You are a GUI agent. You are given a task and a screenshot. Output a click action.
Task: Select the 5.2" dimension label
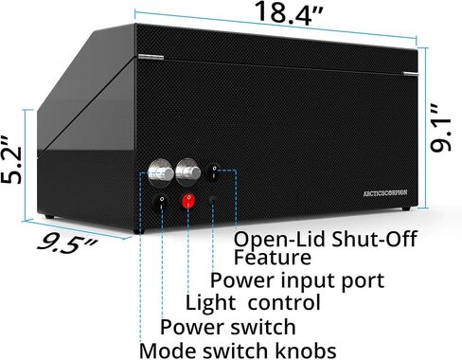[12, 161]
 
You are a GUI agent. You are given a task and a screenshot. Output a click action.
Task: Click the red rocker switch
[188, 201]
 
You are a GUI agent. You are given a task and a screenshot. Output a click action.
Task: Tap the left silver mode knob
[161, 171]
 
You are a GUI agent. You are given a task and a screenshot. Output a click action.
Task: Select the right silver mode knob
[188, 171]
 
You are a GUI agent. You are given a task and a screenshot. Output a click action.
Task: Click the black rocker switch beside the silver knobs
[214, 171]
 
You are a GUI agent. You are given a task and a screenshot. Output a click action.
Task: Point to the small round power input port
[213, 200]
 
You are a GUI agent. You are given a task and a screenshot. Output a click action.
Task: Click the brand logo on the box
[385, 193]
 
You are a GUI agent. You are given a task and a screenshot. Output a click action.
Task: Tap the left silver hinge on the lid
[151, 57]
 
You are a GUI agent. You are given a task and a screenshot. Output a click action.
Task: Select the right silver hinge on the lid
[411, 74]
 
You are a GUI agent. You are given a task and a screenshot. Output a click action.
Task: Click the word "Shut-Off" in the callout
[374, 239]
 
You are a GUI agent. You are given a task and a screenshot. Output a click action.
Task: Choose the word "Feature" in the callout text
[273, 257]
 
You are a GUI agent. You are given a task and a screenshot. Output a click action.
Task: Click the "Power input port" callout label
[297, 279]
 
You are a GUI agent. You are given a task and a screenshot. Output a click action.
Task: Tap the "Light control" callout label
[253, 302]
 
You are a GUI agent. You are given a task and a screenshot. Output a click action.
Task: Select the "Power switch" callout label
[228, 327]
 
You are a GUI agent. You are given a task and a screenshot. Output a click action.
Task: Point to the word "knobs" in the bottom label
[306, 351]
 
